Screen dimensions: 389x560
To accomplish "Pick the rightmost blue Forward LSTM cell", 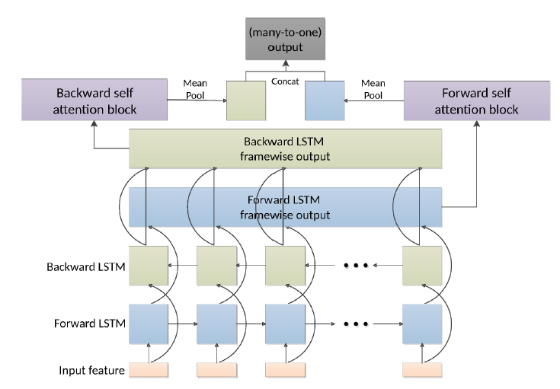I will [422, 323].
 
